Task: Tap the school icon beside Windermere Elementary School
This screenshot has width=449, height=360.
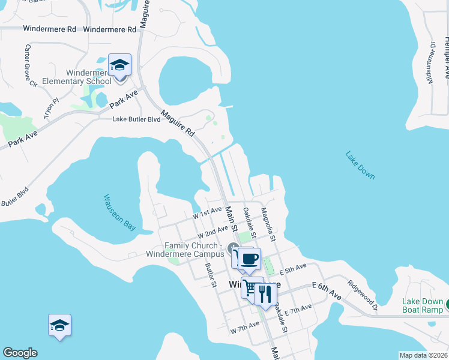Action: [119, 65]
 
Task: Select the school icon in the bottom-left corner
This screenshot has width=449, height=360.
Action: [60, 325]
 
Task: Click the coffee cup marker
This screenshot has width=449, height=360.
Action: [249, 259]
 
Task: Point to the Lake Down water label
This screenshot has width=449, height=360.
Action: [360, 165]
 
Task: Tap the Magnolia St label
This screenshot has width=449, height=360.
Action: [268, 225]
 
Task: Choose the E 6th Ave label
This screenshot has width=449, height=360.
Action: [327, 292]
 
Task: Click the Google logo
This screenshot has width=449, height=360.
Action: [20, 353]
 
